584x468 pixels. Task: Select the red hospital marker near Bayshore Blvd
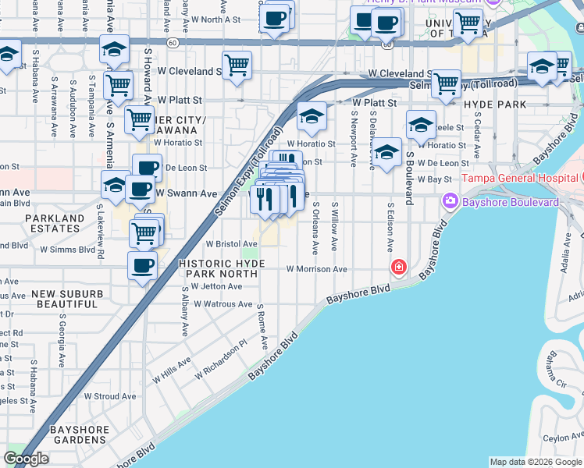(x=399, y=268)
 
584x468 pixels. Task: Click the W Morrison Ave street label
(x=316, y=269)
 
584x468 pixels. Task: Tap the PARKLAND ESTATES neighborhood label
(x=52, y=223)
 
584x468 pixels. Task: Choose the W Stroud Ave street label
(x=109, y=396)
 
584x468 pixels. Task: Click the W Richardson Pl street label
(x=221, y=358)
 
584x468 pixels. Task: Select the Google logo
(x=26, y=459)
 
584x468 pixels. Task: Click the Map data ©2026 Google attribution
(x=535, y=462)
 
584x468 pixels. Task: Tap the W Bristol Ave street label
(x=231, y=244)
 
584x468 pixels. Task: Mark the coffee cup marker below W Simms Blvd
(x=142, y=266)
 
